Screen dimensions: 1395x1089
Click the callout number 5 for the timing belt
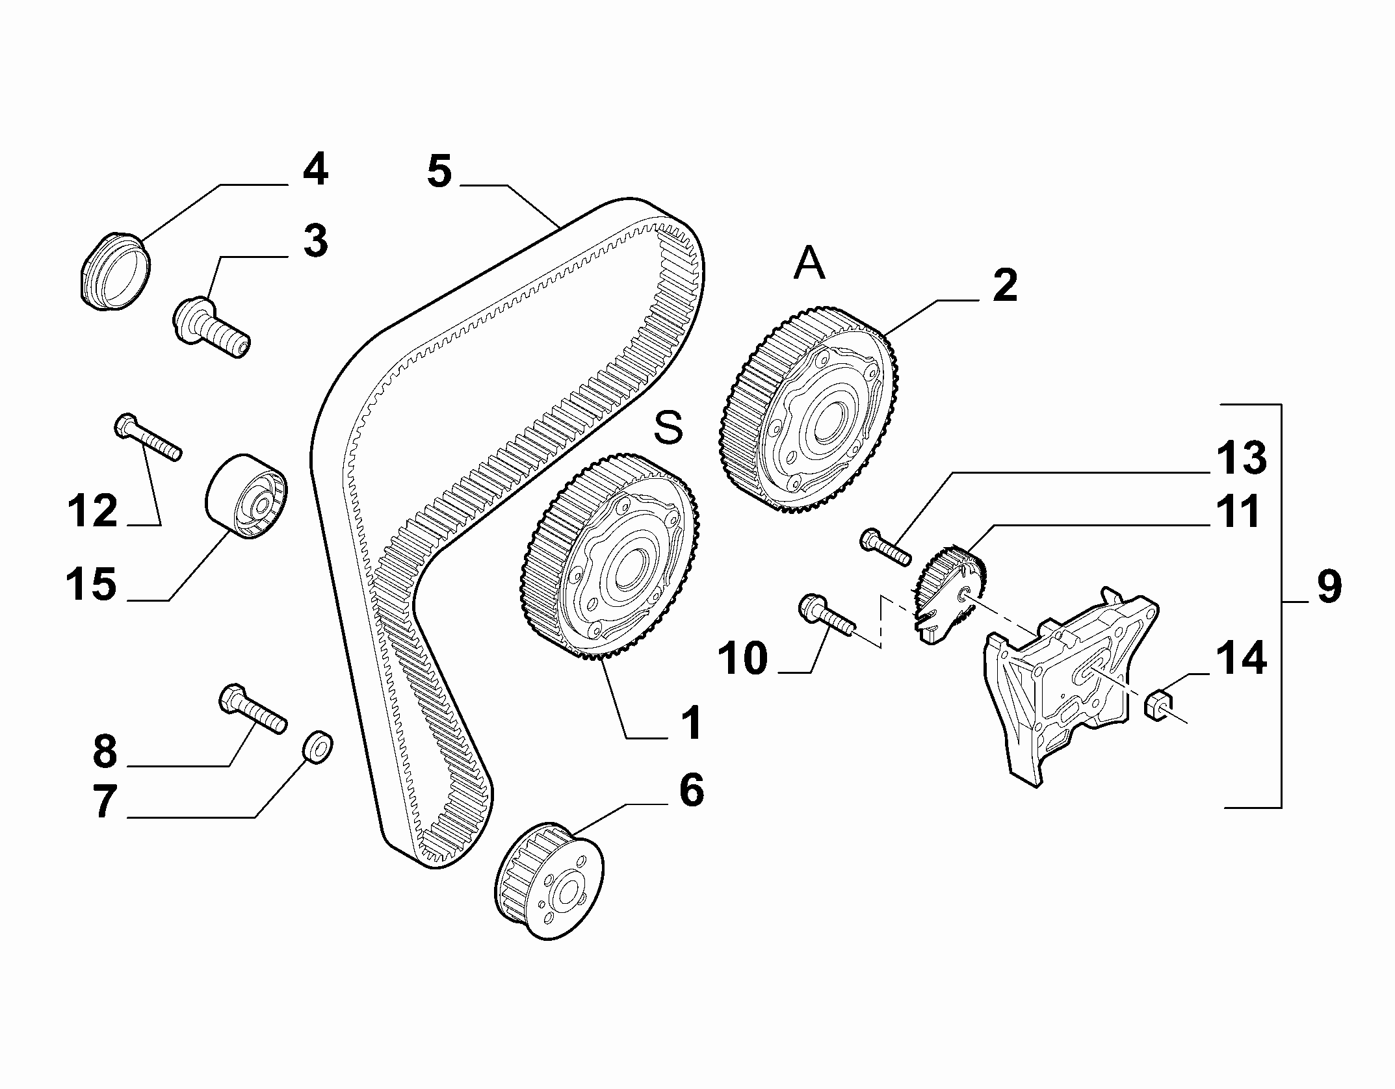tap(440, 173)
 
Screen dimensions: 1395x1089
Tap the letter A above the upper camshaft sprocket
tap(809, 263)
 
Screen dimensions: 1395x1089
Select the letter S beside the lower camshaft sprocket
tap(669, 428)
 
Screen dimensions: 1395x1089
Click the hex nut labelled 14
tap(1158, 706)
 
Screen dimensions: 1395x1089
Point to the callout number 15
tap(92, 583)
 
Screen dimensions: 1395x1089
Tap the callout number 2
tap(1004, 285)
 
